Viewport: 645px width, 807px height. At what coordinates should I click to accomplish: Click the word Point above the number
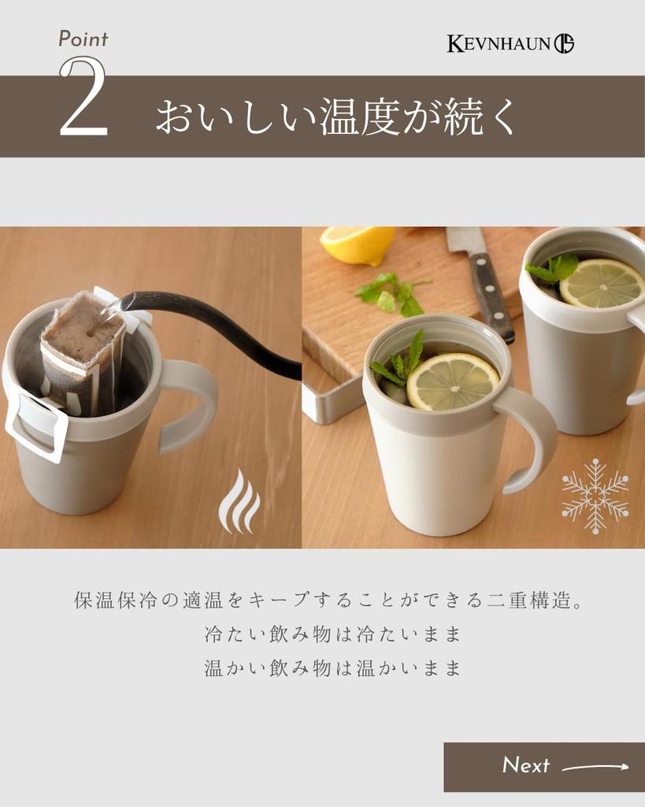click(x=83, y=39)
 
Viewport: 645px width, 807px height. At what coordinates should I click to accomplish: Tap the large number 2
click(x=83, y=96)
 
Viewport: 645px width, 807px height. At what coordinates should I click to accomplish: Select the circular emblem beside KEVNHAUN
click(x=564, y=43)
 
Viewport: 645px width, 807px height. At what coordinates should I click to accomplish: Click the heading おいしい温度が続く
click(x=335, y=117)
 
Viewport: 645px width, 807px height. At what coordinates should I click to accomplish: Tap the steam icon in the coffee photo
click(x=239, y=500)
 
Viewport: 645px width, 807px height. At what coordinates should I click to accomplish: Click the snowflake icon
click(x=595, y=496)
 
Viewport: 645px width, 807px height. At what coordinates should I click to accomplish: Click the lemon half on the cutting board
click(x=358, y=244)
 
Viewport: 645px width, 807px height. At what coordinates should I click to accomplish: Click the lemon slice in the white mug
click(x=453, y=381)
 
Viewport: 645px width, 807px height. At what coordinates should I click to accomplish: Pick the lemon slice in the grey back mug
click(x=602, y=283)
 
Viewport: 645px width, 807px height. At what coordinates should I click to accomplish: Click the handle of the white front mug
click(x=530, y=437)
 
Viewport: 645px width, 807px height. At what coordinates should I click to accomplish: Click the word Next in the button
click(x=525, y=765)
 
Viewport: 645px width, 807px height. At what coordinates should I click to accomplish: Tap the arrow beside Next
click(x=595, y=768)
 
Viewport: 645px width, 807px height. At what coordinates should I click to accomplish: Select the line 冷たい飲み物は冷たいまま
click(x=332, y=634)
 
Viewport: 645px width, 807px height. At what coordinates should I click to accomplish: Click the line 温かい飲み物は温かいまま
click(x=332, y=668)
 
